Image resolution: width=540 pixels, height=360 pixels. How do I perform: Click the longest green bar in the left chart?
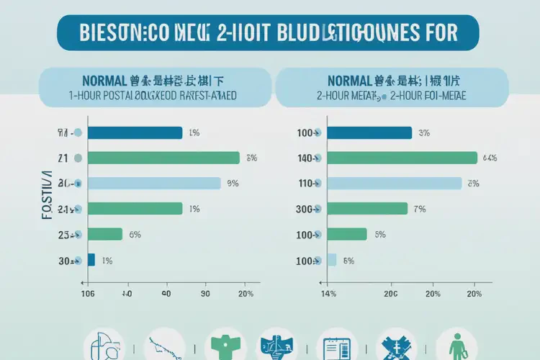(x=163, y=158)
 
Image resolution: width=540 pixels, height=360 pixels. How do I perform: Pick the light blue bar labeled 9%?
(x=154, y=183)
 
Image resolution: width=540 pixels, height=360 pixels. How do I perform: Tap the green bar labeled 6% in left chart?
(x=105, y=233)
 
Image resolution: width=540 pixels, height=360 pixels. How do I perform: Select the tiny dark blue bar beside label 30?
(x=91, y=259)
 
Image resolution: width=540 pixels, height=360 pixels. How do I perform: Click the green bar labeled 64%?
(x=402, y=158)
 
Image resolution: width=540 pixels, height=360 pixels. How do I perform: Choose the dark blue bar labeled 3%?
(x=369, y=132)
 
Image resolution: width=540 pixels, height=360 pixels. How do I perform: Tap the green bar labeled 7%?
(x=367, y=209)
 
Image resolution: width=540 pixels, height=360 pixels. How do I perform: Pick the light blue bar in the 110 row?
(x=395, y=183)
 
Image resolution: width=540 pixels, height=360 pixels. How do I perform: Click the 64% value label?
(x=490, y=158)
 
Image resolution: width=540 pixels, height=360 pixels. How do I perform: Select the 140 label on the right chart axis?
(x=308, y=158)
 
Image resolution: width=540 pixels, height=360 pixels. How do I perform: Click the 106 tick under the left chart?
(x=88, y=294)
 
